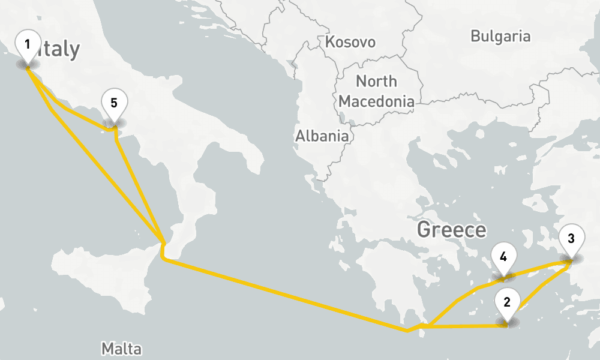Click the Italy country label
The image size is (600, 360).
point(59,50)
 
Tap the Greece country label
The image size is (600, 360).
point(451,230)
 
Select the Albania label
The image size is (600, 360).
point(322,136)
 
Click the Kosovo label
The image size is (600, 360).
point(350,42)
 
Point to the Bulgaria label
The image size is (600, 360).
point(500,36)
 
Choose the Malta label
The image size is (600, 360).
point(121,349)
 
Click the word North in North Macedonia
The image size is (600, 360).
point(376,81)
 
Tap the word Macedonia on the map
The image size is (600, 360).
point(376,101)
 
